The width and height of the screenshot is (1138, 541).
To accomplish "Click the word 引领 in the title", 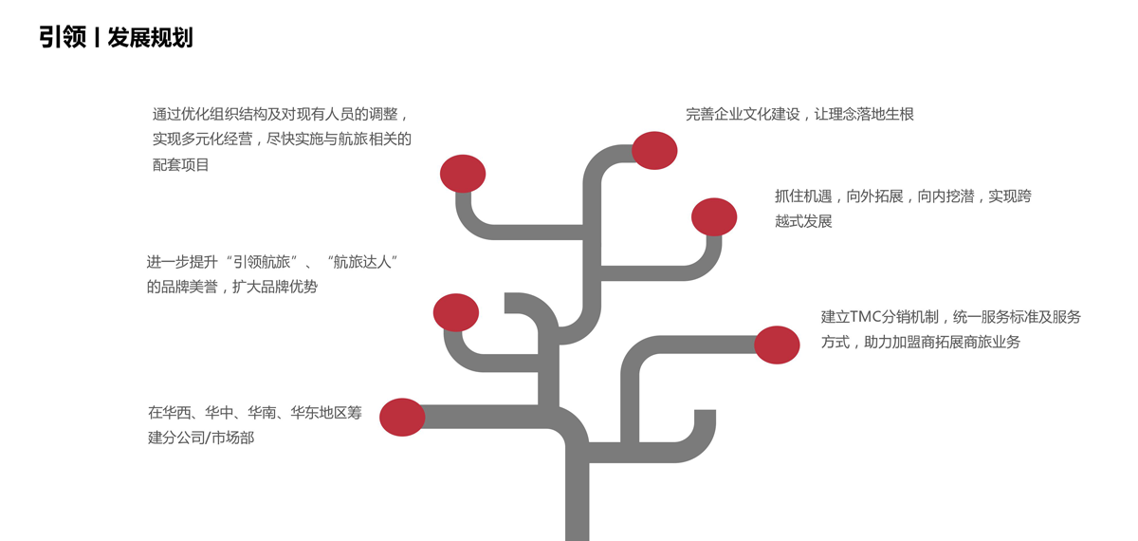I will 63,38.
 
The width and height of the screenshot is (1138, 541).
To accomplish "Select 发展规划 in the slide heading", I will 150,38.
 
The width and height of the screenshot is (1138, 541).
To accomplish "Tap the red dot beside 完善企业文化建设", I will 654,150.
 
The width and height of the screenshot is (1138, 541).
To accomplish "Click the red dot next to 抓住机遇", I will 714,216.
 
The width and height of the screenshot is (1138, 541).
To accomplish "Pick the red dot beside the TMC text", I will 777,345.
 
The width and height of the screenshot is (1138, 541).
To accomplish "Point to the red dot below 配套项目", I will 463,174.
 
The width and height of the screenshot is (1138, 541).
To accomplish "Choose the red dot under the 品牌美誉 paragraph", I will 455,312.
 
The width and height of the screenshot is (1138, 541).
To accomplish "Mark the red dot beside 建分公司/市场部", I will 402,417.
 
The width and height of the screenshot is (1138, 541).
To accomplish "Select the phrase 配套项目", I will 181,165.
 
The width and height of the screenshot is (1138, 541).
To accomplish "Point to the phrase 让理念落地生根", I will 864,115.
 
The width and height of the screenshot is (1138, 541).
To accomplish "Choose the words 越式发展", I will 803,221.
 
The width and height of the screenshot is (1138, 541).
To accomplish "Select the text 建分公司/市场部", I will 201,438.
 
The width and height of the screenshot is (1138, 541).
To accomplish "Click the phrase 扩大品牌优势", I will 275,287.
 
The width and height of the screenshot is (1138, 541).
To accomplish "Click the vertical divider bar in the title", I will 97,38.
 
